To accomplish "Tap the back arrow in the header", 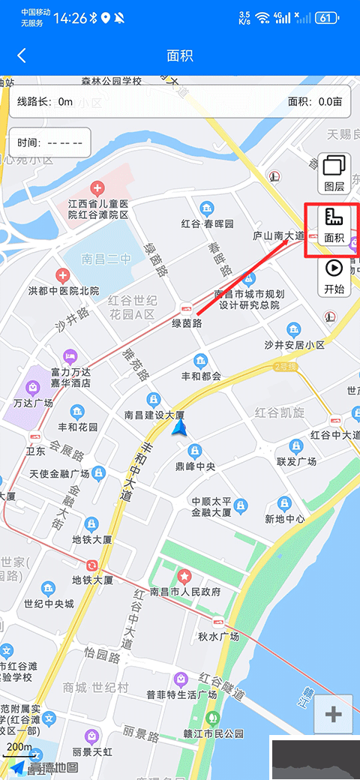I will point(22,55).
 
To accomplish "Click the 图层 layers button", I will point(334,173).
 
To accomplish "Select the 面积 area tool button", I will point(334,225).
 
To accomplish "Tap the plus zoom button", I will point(333,715).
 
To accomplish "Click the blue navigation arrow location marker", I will point(179,427).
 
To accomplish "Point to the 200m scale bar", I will point(19,747).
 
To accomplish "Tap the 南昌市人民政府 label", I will point(185,592).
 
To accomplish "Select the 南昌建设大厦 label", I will point(154,415).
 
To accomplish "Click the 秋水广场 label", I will point(218,637).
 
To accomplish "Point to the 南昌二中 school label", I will point(106,259).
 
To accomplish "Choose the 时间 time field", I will point(49,142).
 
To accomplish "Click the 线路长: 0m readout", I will point(45,101).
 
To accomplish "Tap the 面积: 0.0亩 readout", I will point(315,101).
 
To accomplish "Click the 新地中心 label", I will point(285,519).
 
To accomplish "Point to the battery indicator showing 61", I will point(326,17).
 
